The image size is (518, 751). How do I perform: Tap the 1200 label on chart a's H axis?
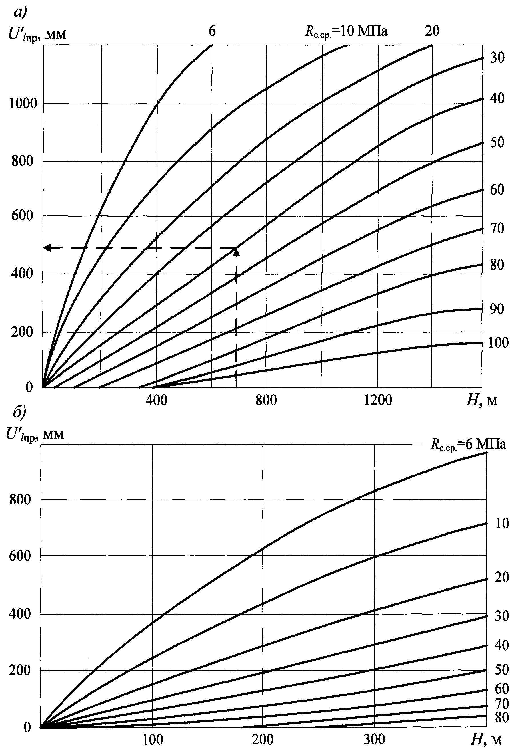click(x=378, y=400)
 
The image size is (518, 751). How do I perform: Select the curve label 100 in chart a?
click(x=498, y=343)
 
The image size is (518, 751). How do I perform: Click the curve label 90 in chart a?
click(x=497, y=309)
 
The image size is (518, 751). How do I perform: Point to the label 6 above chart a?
click(x=212, y=31)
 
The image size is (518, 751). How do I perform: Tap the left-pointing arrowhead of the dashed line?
click(x=47, y=248)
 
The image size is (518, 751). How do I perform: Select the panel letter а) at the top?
click(x=20, y=12)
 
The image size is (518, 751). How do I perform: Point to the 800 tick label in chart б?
click(x=20, y=500)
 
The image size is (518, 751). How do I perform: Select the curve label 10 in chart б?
click(x=502, y=524)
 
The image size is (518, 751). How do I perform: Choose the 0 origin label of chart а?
click(x=29, y=387)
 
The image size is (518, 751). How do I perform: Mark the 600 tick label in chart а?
click(x=22, y=215)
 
